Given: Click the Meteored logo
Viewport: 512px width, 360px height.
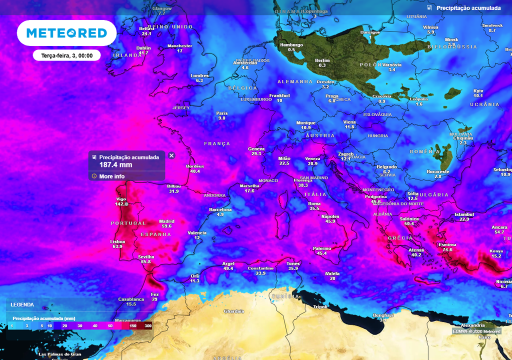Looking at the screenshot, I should pyautogui.click(x=66, y=33).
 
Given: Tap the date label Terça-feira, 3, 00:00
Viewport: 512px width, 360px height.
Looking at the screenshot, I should pyautogui.click(x=66, y=55).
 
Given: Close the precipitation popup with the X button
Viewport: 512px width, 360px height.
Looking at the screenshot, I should pyautogui.click(x=171, y=155).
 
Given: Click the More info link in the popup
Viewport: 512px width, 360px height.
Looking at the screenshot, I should pyautogui.click(x=111, y=176).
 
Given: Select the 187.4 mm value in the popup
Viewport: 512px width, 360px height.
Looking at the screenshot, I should pyautogui.click(x=115, y=164).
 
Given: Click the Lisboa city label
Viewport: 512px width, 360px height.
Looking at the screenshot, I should pyautogui.click(x=117, y=241).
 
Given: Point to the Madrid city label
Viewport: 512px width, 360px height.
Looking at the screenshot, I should pyautogui.click(x=166, y=221).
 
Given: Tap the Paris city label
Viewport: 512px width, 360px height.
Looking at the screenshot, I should pyautogui.click(x=222, y=113).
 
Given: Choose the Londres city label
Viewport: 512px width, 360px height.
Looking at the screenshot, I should pyautogui.click(x=199, y=76).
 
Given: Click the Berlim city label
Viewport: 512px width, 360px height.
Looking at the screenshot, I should pyautogui.click(x=322, y=60).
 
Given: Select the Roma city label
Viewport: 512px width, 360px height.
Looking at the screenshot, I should pyautogui.click(x=314, y=204).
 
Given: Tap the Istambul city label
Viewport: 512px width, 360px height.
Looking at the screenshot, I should pyautogui.click(x=464, y=214).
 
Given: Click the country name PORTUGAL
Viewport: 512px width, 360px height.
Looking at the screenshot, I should pyautogui.click(x=128, y=223).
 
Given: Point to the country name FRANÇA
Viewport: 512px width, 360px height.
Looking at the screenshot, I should pyautogui.click(x=217, y=143).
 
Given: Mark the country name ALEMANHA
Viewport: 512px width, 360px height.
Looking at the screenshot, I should pyautogui.click(x=295, y=81).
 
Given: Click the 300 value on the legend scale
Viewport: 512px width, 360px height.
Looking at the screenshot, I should pyautogui.click(x=148, y=325).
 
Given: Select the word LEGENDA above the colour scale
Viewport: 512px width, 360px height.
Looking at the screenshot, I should pyautogui.click(x=22, y=304).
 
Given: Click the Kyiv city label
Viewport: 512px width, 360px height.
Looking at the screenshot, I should pyautogui.click(x=478, y=91).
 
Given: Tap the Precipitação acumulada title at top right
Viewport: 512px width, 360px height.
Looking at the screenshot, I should pyautogui.click(x=468, y=8).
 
